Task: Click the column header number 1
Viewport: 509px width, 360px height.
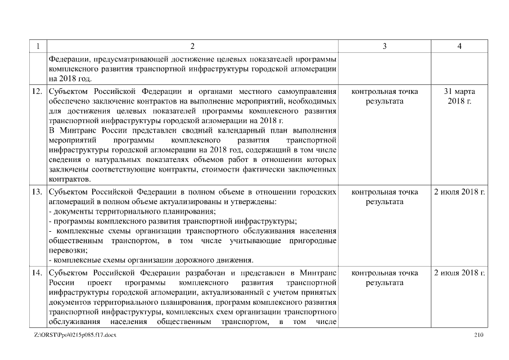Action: click(x=38, y=46)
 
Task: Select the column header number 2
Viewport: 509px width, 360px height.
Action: click(x=192, y=46)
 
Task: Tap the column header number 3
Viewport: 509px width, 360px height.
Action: click(x=384, y=46)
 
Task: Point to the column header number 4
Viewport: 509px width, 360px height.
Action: click(x=459, y=46)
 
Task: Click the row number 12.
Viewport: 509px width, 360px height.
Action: click(x=38, y=91)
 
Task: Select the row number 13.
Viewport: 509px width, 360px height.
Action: click(x=38, y=192)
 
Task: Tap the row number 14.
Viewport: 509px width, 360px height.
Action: click(x=38, y=273)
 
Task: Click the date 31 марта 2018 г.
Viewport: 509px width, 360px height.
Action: click(x=459, y=96)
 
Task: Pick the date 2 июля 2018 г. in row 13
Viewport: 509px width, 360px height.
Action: click(x=459, y=192)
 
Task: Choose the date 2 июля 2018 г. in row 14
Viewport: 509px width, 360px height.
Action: click(x=459, y=273)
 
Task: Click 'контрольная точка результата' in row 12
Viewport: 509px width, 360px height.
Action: click(x=384, y=96)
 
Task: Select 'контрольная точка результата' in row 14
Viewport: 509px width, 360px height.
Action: click(x=384, y=278)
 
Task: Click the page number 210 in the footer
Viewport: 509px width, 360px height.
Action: click(x=479, y=335)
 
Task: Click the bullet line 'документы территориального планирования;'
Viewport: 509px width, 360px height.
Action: click(x=132, y=211)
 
